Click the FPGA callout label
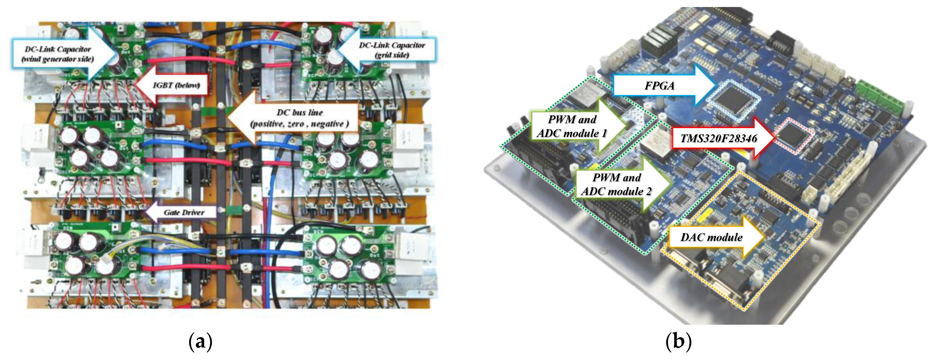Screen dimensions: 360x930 point(659,86)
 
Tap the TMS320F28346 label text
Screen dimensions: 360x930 point(718,138)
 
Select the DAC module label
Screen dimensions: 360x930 point(711,237)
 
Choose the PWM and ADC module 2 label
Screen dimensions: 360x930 point(617,184)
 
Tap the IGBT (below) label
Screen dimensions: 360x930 point(176,85)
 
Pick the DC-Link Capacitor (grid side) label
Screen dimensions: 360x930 point(392,50)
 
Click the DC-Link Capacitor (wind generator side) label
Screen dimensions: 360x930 point(58,54)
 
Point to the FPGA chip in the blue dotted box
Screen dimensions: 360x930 point(733,100)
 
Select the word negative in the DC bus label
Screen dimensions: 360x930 point(327,124)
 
